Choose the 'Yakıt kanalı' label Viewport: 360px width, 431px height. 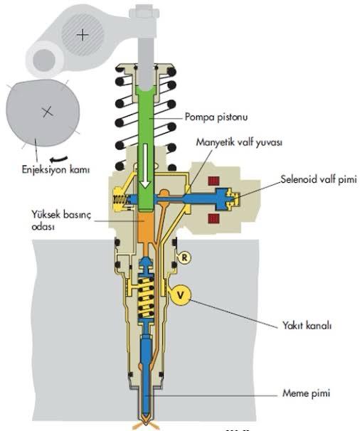307,326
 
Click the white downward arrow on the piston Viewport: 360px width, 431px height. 145,171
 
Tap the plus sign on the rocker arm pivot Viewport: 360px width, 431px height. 84,34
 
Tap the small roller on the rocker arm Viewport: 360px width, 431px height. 46,58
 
